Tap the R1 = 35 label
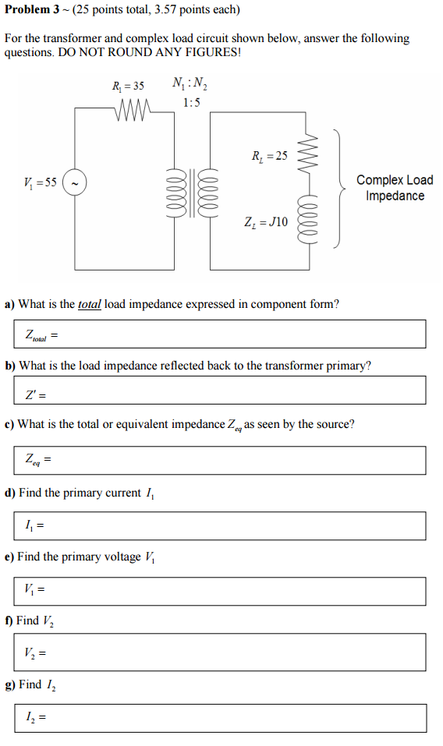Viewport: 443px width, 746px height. pos(128,85)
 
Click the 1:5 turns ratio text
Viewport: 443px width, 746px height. pos(190,102)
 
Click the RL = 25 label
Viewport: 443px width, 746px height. pos(269,155)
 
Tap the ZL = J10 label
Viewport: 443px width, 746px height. pos(266,221)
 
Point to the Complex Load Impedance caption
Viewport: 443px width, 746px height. pos(394,188)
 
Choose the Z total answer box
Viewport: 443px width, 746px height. pos(221,334)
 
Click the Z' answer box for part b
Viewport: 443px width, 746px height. pos(221,391)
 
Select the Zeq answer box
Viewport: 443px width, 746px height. pos(221,460)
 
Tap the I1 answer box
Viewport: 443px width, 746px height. pos(221,525)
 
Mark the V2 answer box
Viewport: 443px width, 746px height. pos(221,652)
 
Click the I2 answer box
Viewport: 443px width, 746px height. pos(221,717)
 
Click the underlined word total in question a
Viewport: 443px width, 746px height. pos(90,304)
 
